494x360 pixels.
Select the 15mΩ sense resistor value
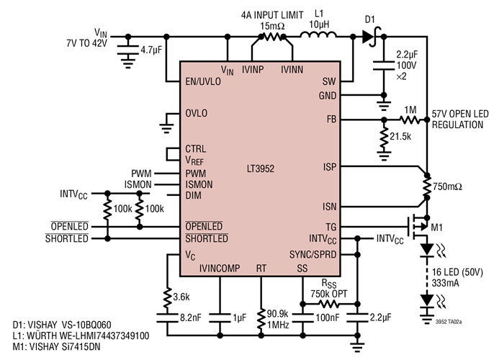tap(273, 26)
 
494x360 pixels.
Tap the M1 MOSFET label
tap(437, 228)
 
